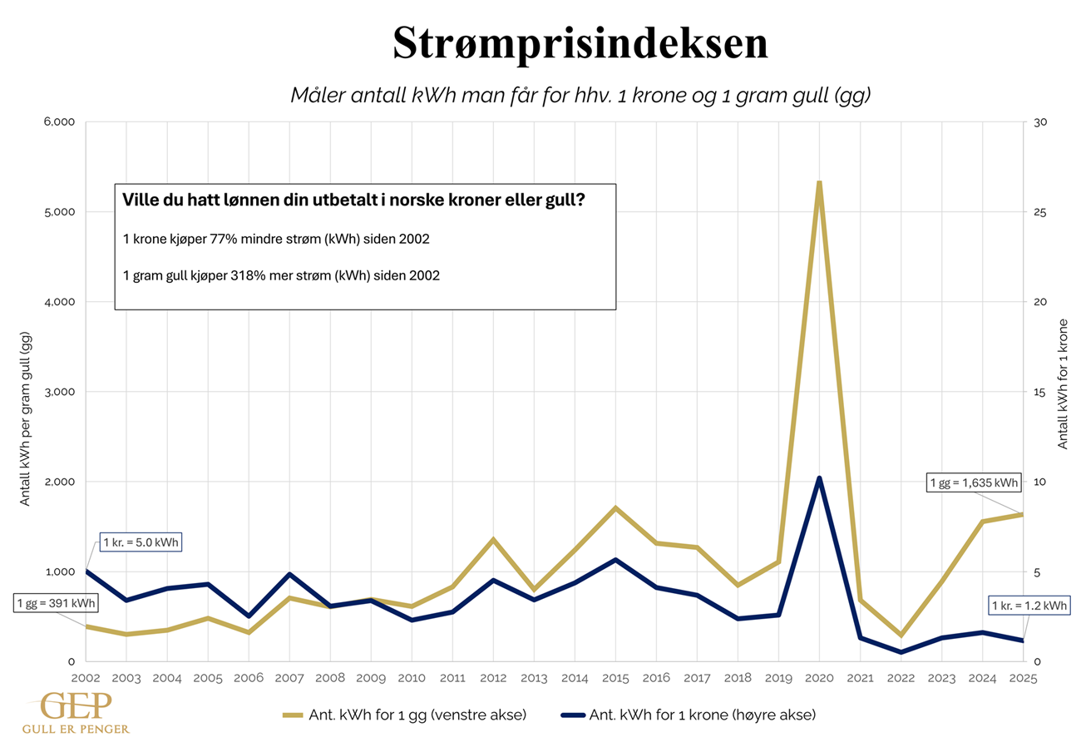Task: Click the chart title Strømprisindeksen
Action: click(x=580, y=44)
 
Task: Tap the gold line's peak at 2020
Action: click(x=819, y=183)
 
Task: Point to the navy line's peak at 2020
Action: click(x=819, y=478)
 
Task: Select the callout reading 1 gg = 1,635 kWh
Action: click(x=974, y=482)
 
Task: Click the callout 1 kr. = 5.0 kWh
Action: click(x=141, y=543)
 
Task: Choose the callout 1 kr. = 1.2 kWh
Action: click(x=1029, y=606)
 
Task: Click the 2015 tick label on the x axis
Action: click(x=615, y=678)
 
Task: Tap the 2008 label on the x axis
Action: click(x=330, y=678)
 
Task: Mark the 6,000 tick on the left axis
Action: click(x=60, y=122)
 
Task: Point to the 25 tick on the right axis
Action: click(x=1039, y=212)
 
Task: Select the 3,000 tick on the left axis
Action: click(x=60, y=392)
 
